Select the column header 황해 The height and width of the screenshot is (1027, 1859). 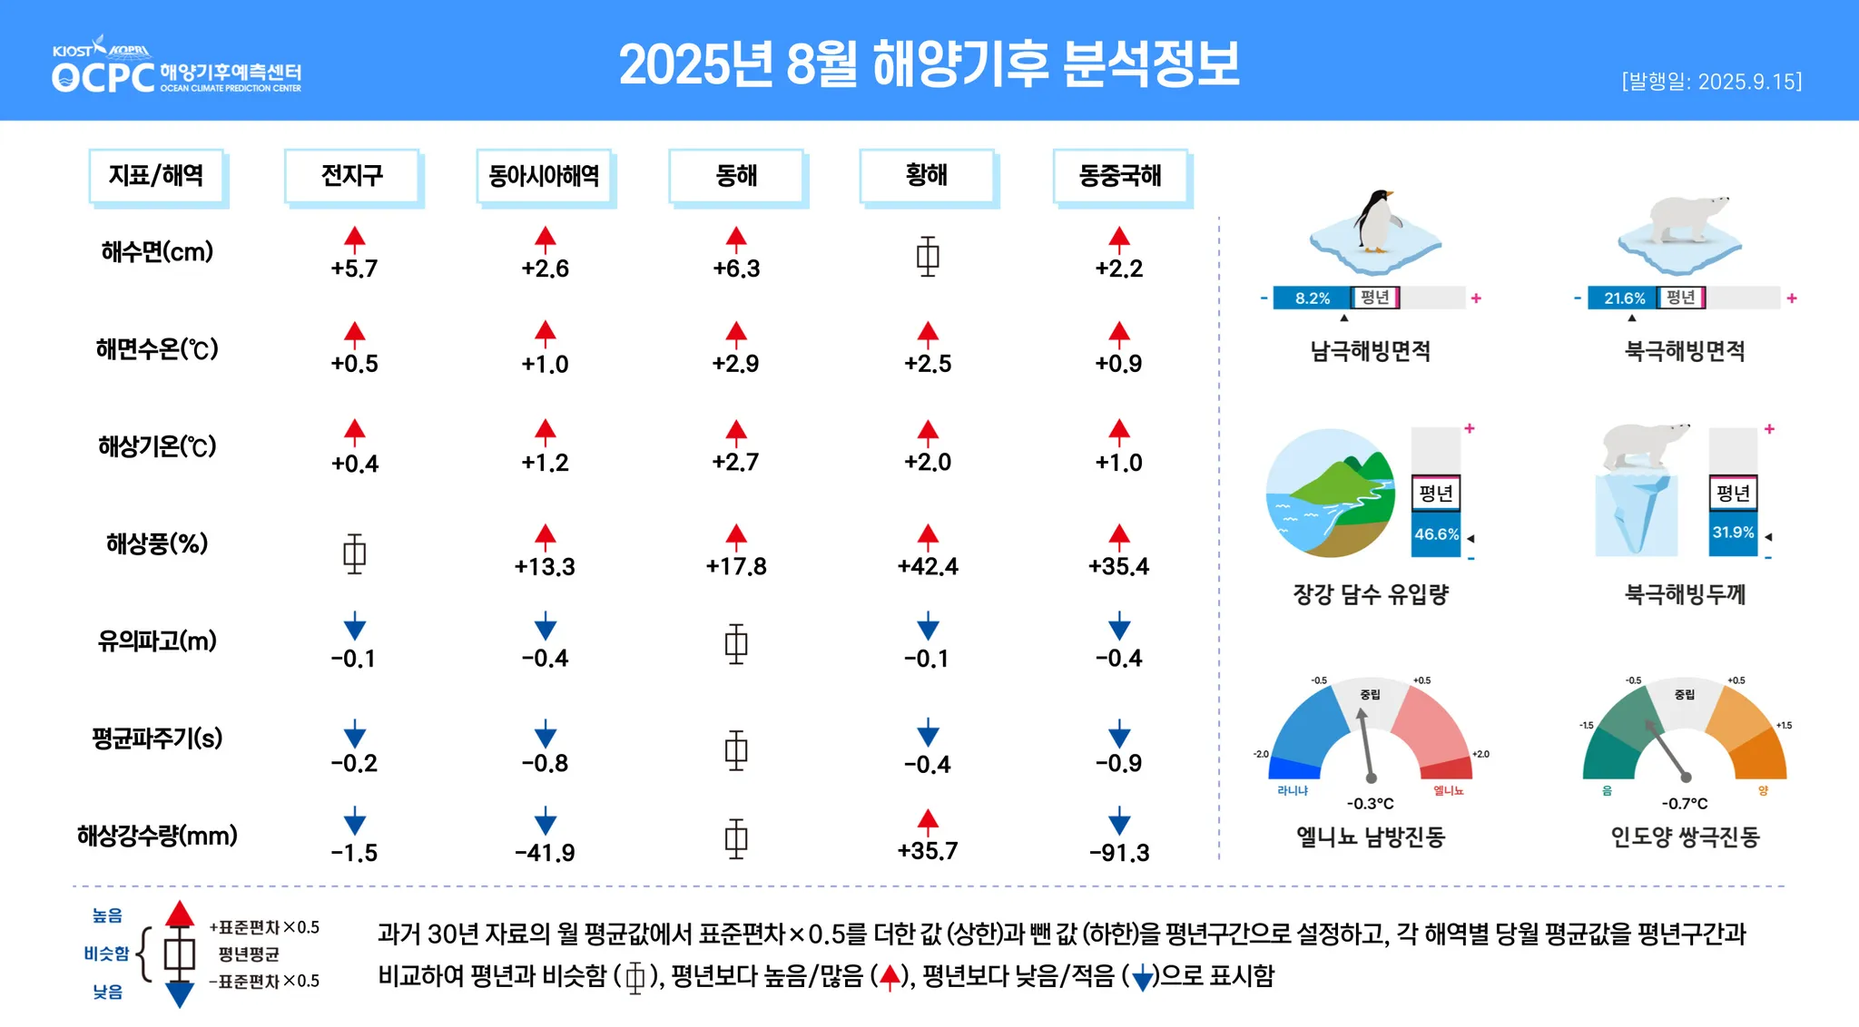pyautogui.click(x=927, y=175)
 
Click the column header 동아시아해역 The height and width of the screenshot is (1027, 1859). pyautogui.click(x=544, y=175)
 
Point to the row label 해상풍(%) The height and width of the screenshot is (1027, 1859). pyautogui.click(x=157, y=543)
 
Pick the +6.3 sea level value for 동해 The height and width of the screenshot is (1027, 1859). pyautogui.click(x=736, y=269)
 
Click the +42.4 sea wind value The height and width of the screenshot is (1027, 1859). pyautogui.click(x=928, y=567)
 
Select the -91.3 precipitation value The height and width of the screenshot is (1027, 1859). pyautogui.click(x=1119, y=853)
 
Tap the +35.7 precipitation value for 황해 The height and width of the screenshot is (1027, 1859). pyautogui.click(x=928, y=851)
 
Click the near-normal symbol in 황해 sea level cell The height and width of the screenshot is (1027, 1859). pyautogui.click(x=928, y=256)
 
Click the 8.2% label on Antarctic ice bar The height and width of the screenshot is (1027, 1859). pyautogui.click(x=1312, y=298)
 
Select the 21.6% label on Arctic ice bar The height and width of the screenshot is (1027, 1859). pyautogui.click(x=1624, y=298)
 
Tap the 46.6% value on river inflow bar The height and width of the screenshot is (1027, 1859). pyautogui.click(x=1436, y=534)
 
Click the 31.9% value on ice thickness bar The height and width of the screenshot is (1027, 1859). pyautogui.click(x=1733, y=533)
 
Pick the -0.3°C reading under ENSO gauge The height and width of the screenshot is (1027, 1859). pyautogui.click(x=1370, y=804)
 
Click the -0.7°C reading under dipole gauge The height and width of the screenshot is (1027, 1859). pyautogui.click(x=1685, y=804)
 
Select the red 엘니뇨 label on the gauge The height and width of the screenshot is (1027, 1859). pyautogui.click(x=1449, y=791)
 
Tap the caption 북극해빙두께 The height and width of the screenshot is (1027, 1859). pyautogui.click(x=1685, y=594)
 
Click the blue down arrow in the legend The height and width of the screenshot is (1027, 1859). pyautogui.click(x=180, y=994)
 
